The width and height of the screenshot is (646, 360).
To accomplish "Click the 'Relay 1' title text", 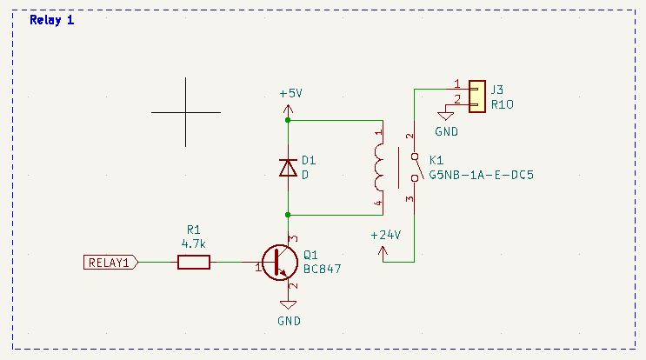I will pos(52,20).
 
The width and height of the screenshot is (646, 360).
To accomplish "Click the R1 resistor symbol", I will pos(194,262).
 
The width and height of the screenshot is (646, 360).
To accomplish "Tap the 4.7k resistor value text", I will pos(194,243).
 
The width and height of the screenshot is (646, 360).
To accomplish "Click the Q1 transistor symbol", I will pos(278,263).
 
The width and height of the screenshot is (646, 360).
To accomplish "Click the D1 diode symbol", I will pos(288,168).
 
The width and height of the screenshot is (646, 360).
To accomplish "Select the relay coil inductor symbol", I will pos(378,168).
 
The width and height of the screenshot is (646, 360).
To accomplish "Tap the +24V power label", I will pos(384,235).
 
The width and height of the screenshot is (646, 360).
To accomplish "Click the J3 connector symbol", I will pos(476,97).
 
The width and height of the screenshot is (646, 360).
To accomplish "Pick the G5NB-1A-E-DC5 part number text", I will pos(481,174).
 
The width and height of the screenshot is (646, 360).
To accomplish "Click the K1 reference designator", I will pos(436,161).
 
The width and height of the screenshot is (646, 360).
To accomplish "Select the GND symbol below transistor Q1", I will pos(289,305).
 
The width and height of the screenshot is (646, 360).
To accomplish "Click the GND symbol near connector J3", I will pos(446,116).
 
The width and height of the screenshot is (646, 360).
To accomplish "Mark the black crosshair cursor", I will pos(185,111).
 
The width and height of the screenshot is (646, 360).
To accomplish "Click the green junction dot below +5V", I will pos(288,121).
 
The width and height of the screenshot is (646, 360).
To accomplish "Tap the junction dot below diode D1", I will pos(288,214).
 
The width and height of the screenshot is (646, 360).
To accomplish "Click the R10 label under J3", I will pos(503,103).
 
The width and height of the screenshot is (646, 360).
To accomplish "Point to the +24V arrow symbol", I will pos(383,252).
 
